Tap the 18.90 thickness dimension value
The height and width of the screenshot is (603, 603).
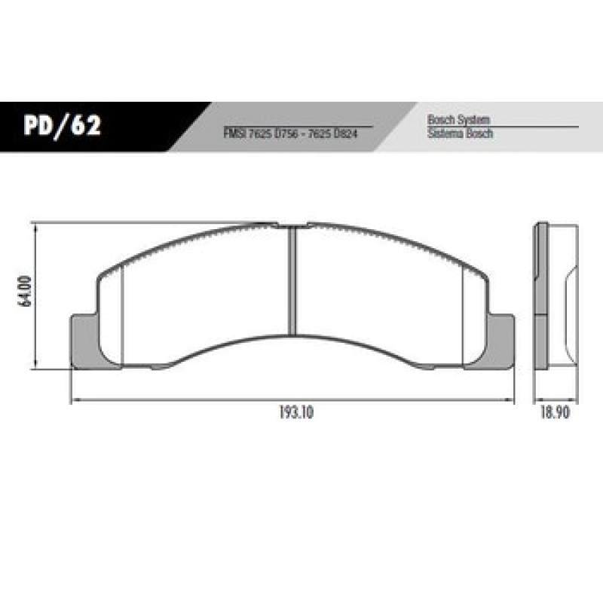[x=554, y=413]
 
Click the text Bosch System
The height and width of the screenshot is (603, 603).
[x=458, y=120]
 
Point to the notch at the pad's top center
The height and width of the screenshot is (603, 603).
[x=292, y=225]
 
